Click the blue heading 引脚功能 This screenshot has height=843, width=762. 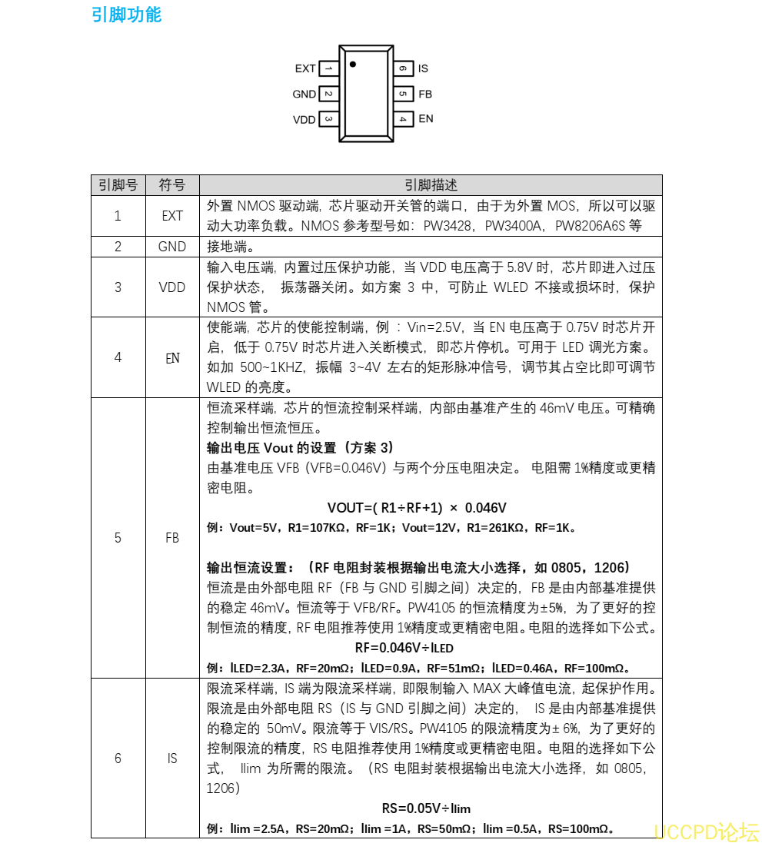tap(126, 15)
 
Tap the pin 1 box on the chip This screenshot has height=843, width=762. tap(328, 68)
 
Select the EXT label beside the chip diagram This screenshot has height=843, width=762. tap(305, 68)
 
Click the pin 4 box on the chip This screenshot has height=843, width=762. tap(403, 119)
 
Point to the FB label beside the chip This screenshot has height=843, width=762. tap(425, 94)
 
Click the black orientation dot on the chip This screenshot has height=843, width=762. tap(352, 64)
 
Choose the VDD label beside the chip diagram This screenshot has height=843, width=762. tap(304, 120)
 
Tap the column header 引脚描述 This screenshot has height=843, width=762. tap(431, 185)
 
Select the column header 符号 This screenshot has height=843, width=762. tap(172, 185)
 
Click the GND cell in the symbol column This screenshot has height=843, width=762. tap(172, 247)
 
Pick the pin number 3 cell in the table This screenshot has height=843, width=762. tap(118, 287)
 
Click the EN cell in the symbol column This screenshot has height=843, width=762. tap(172, 357)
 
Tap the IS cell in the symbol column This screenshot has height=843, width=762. tap(172, 758)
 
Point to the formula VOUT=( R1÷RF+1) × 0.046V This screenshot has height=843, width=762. tap(417, 508)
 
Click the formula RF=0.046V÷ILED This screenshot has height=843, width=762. tap(404, 648)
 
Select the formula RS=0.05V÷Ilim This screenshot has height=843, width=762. tap(426, 808)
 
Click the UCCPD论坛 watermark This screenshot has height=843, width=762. tap(706, 831)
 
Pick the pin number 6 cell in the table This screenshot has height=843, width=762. tap(118, 758)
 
